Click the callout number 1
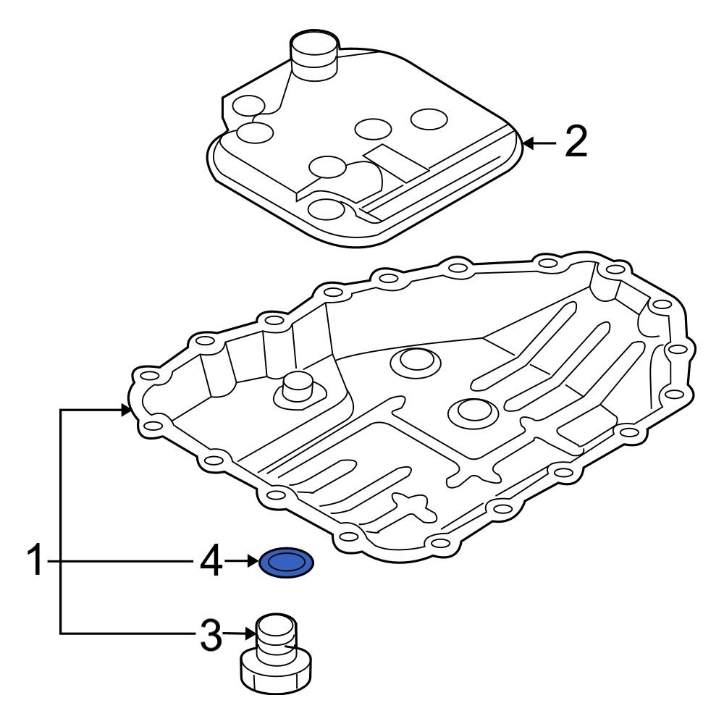tap(36, 563)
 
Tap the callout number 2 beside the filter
tap(576, 143)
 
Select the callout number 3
tap(210, 636)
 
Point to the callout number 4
tap(210, 563)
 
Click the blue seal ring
tap(286, 563)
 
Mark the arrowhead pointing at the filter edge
tap(528, 143)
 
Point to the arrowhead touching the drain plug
tap(251, 635)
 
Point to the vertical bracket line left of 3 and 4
tap(61, 521)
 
